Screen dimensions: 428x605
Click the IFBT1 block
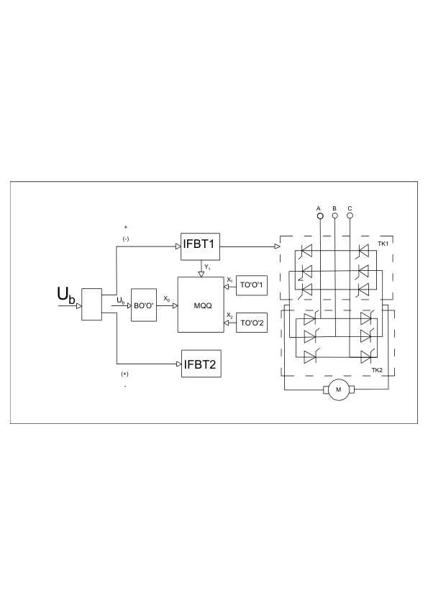[200, 246]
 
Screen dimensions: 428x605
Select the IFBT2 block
[201, 364]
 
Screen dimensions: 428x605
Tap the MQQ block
[201, 305]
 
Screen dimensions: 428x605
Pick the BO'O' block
[144, 305]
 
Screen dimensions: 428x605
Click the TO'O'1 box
[252, 285]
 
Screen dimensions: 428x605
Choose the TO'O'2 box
[252, 323]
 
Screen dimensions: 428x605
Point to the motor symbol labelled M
[338, 389]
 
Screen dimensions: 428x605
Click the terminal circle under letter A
[320, 216]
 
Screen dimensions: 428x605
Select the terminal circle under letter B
[335, 216]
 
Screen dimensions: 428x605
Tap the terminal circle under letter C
[350, 216]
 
